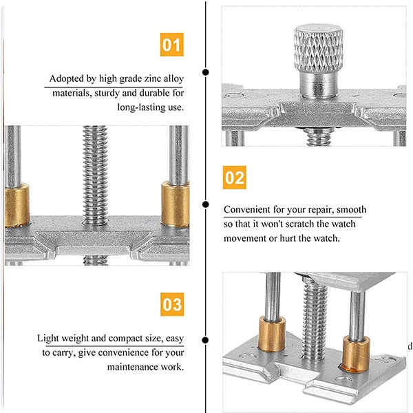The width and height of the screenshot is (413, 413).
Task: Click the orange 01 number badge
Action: coord(171,45)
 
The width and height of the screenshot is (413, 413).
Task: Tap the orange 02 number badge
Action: coord(235,178)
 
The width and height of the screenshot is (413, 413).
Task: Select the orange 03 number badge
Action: coord(172,304)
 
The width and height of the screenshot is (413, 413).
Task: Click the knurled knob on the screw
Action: coord(319,48)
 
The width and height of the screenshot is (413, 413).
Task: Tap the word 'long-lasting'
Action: coord(141,107)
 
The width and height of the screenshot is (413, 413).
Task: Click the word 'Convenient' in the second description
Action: coord(247,209)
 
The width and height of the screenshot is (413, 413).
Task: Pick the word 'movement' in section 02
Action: coord(245,238)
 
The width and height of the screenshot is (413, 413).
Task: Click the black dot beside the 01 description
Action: coord(206,72)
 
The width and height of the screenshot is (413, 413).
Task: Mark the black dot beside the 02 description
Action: coord(206,204)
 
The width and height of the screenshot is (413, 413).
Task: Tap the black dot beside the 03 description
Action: coord(205,340)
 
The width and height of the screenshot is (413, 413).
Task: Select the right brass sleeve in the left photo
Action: coord(175,204)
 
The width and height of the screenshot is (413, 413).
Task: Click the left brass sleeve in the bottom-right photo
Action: coord(272,334)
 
